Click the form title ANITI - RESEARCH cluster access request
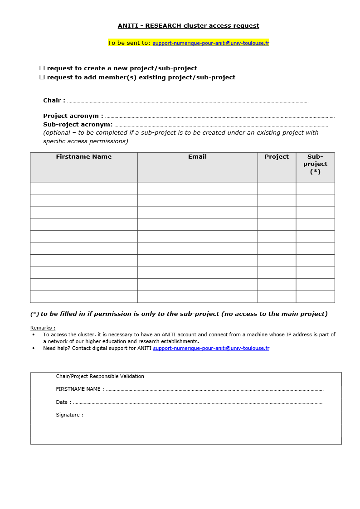(x=188, y=26)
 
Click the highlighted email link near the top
(x=211, y=43)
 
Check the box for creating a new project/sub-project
(x=42, y=68)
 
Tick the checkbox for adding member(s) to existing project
(x=42, y=77)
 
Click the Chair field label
(x=54, y=101)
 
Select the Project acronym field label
(x=73, y=116)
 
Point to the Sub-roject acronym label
(x=78, y=125)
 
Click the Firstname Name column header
(x=83, y=157)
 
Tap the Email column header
(x=197, y=157)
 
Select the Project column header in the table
(x=277, y=157)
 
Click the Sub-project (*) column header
(x=315, y=164)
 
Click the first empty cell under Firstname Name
(x=84, y=188)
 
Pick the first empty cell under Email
(x=197, y=188)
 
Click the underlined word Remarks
(x=43, y=328)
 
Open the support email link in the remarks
(x=211, y=349)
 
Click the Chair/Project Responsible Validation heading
(x=100, y=376)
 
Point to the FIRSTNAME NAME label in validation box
(x=80, y=389)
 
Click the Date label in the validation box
(x=63, y=402)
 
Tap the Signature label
(x=69, y=415)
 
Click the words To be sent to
(x=129, y=43)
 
